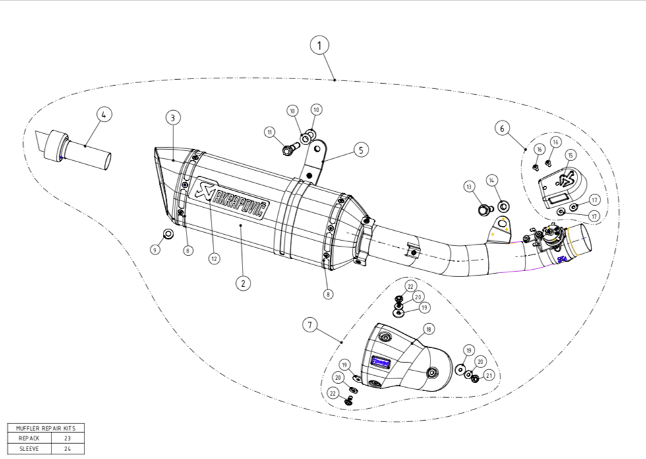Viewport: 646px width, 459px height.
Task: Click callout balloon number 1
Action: (319, 46)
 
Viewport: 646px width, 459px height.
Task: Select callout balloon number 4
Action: (103, 114)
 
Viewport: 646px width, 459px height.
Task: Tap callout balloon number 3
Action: (172, 118)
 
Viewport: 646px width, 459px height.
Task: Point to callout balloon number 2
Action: (243, 283)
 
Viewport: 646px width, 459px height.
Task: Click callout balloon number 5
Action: (361, 150)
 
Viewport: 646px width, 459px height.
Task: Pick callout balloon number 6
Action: (502, 128)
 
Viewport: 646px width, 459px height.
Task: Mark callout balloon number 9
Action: (154, 250)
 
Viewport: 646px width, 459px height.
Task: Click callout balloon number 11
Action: (270, 133)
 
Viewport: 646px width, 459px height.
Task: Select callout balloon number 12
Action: (214, 259)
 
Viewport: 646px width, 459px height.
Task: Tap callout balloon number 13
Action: (469, 187)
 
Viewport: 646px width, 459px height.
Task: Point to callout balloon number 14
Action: (492, 180)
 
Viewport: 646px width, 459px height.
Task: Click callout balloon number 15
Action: (570, 155)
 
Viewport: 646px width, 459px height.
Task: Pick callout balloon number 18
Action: (428, 328)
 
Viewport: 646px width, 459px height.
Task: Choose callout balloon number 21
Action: (488, 375)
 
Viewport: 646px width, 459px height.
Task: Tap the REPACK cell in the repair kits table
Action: (29, 438)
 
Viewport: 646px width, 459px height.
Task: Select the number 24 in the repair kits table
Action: (67, 448)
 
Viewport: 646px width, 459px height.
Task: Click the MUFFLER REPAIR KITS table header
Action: (45, 428)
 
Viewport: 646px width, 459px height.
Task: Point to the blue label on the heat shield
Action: (380, 361)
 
